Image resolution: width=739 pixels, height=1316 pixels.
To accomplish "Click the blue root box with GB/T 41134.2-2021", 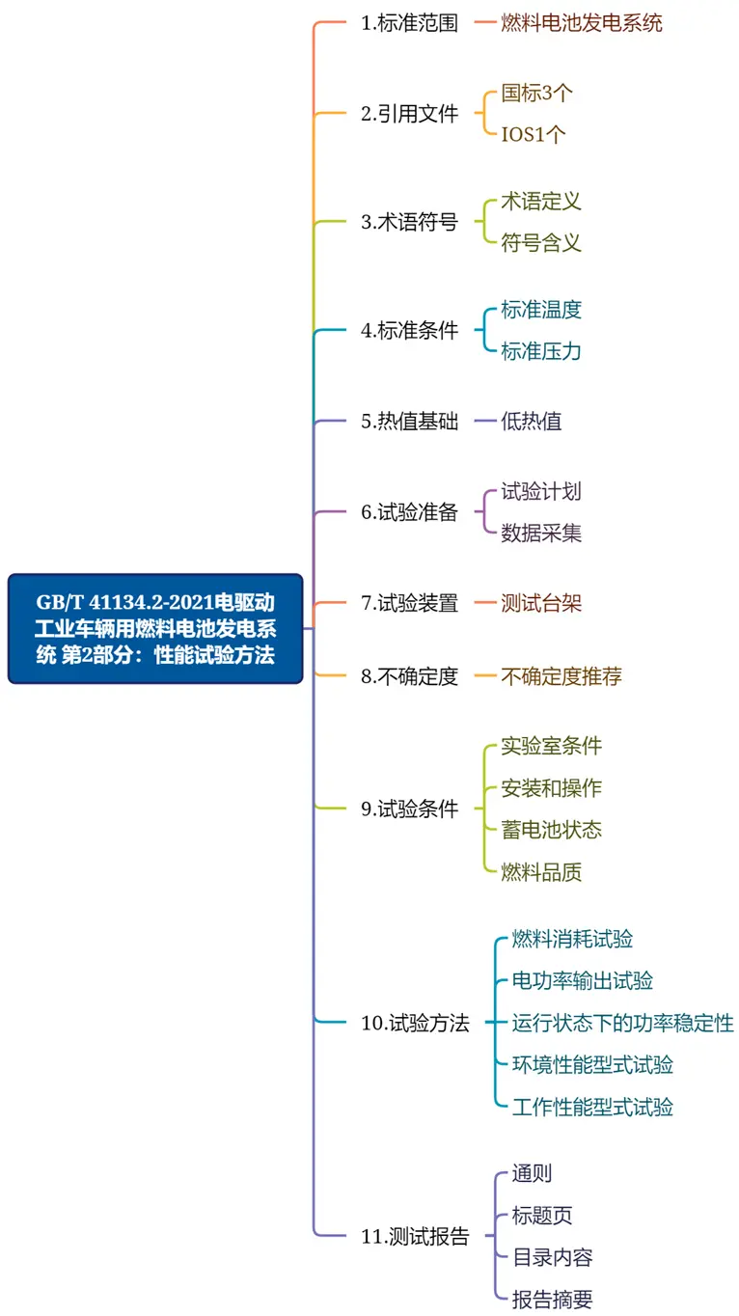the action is tap(155, 629).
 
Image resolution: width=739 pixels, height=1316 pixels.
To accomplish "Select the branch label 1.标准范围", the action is tap(409, 23).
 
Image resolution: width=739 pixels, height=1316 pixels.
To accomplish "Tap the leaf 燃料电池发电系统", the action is tap(582, 23).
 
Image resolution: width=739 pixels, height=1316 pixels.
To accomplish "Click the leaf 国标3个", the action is tap(536, 93).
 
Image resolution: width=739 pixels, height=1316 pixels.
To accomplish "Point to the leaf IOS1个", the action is tap(534, 134).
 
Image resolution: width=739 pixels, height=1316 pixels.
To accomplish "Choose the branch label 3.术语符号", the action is tap(409, 222).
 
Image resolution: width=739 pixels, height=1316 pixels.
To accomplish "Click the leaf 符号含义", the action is tap(541, 242).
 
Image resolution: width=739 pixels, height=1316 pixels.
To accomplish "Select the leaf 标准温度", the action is tap(541, 310).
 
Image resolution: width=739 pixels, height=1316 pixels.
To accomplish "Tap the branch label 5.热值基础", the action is tap(409, 422).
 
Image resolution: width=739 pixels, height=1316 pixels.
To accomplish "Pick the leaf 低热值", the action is tap(531, 422).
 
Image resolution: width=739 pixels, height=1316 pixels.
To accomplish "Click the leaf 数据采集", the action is tap(541, 533).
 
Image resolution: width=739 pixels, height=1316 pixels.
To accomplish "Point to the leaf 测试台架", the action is tap(541, 603).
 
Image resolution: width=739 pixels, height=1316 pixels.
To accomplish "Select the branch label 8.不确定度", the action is tap(409, 676).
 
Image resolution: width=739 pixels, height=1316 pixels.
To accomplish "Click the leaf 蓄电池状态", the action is tap(551, 830).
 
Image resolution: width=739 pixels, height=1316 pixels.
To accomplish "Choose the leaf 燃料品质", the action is tap(541, 872).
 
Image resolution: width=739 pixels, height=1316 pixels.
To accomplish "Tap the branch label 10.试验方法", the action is tap(415, 1024).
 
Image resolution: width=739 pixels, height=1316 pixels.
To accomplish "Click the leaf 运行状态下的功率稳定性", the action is tap(622, 1024).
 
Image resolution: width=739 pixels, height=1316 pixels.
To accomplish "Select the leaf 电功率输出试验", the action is tap(582, 981).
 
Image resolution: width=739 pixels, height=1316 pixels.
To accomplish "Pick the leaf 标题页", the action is tap(541, 1216).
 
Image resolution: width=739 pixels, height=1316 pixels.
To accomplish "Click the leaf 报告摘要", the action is tap(552, 1299).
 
